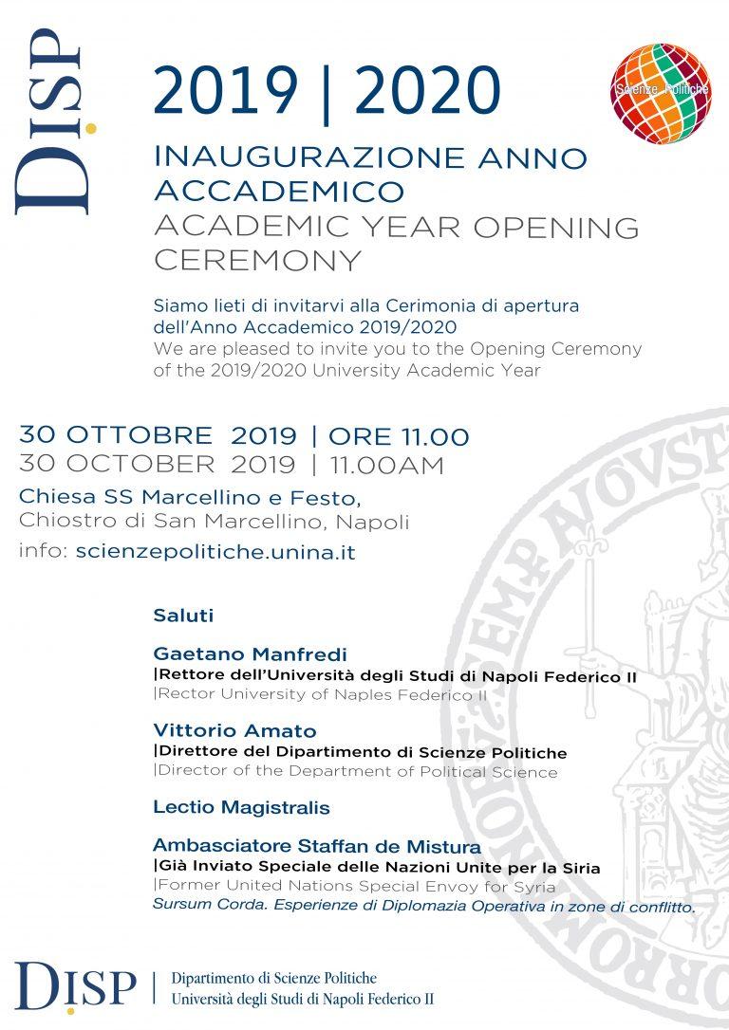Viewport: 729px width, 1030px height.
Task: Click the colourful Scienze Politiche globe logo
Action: point(662,93)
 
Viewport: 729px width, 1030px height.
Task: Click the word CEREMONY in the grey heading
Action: point(257,259)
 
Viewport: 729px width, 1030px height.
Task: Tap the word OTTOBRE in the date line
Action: point(151,436)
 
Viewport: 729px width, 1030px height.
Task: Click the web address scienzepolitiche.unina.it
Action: point(215,552)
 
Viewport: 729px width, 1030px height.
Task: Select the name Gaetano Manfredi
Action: point(250,654)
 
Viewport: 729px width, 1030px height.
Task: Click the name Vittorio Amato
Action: point(234,731)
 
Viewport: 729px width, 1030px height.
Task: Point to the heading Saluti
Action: point(183,616)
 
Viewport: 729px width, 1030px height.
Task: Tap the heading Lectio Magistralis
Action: point(241,808)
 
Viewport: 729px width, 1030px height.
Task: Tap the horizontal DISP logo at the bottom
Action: point(76,986)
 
